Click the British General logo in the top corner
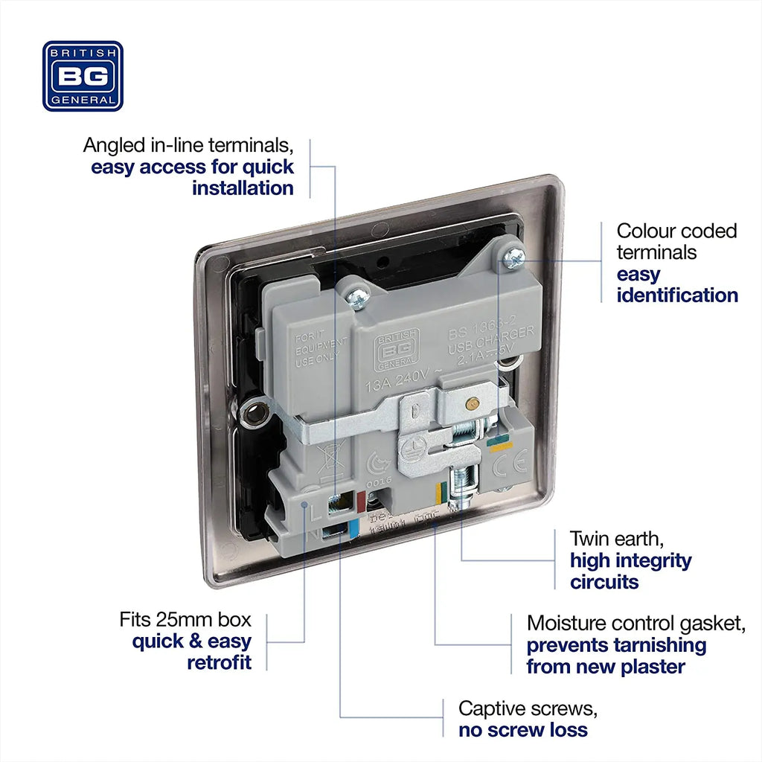click(83, 76)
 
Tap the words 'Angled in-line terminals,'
click(188, 144)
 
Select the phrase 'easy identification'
click(676, 285)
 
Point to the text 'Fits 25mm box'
click(185, 619)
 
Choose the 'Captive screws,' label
click(528, 708)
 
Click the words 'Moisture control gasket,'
click(635, 623)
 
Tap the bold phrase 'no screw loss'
click(523, 730)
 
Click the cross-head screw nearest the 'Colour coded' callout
click(513, 258)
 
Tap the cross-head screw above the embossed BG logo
click(356, 298)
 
